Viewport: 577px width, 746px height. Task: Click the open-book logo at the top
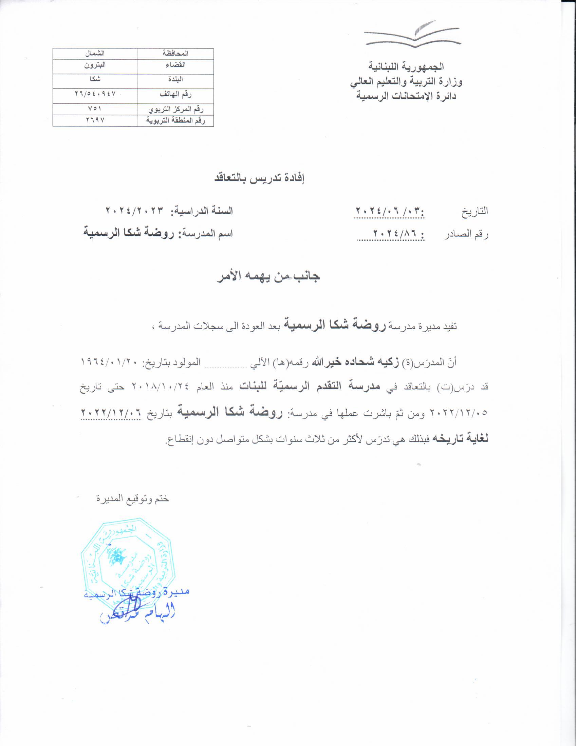coord(413,34)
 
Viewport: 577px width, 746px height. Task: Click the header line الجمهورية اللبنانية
coord(406,66)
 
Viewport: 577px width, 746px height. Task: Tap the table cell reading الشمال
coord(95,54)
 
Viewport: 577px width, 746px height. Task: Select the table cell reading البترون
coord(95,65)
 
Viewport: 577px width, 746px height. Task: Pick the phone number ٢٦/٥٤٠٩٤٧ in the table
coord(95,93)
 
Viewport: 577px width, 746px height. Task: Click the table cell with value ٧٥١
coord(95,109)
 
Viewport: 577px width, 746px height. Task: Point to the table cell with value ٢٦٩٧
coord(95,120)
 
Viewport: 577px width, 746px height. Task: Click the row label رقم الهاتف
coord(176,94)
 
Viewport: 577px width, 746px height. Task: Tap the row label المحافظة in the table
coord(176,54)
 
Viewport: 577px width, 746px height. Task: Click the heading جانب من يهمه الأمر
coord(268,276)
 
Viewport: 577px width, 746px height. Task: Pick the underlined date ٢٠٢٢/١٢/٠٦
coord(111,413)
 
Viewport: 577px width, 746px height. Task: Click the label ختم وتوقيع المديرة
coord(133,499)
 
